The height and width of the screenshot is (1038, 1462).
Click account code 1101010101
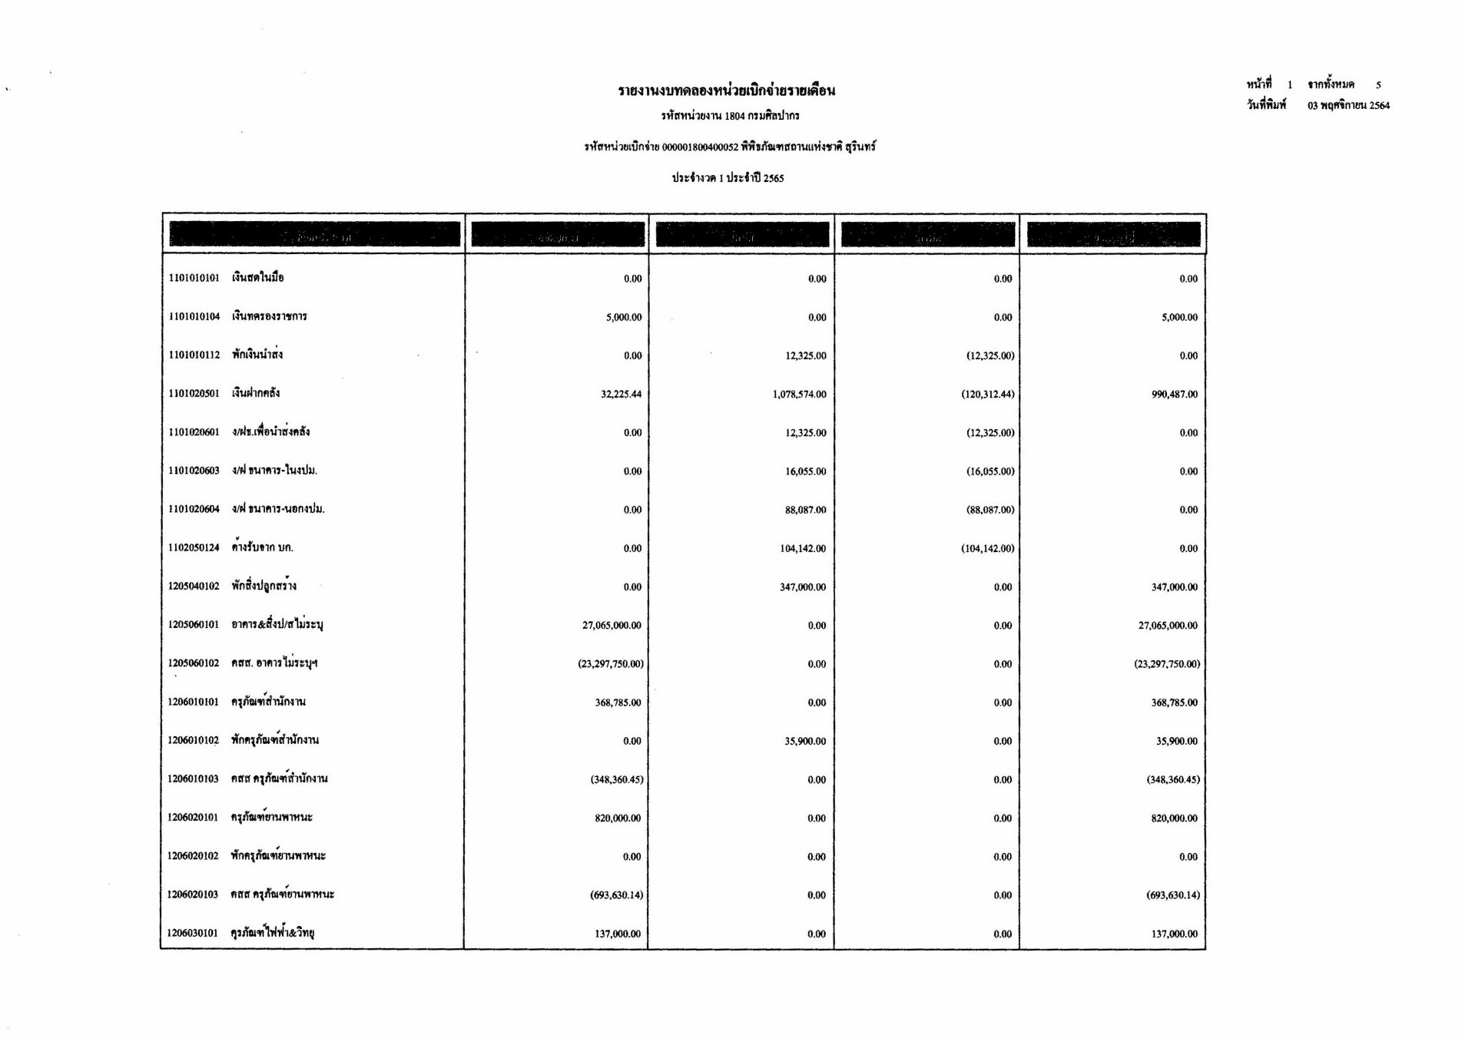pos(194,278)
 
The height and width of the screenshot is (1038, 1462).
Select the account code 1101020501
pos(194,394)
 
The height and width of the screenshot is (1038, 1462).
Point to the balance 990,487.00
pos(1174,395)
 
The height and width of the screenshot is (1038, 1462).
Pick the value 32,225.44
pos(621,395)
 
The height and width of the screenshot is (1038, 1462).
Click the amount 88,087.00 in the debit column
pos(805,510)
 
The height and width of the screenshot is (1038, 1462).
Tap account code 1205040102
pos(194,587)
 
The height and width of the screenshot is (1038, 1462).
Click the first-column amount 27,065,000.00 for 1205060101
pos(612,626)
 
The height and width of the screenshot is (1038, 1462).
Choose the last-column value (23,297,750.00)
pos(1166,664)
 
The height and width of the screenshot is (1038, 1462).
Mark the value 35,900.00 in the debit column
pos(805,742)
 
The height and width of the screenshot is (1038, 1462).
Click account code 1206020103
pos(193,895)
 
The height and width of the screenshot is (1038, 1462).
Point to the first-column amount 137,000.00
pos(618,934)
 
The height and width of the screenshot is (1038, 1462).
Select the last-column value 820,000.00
pos(1174,818)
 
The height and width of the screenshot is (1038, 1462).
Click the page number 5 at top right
pos(1378,85)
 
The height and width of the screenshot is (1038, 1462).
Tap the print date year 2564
pos(1379,106)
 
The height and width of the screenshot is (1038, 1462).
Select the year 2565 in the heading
pos(773,178)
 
